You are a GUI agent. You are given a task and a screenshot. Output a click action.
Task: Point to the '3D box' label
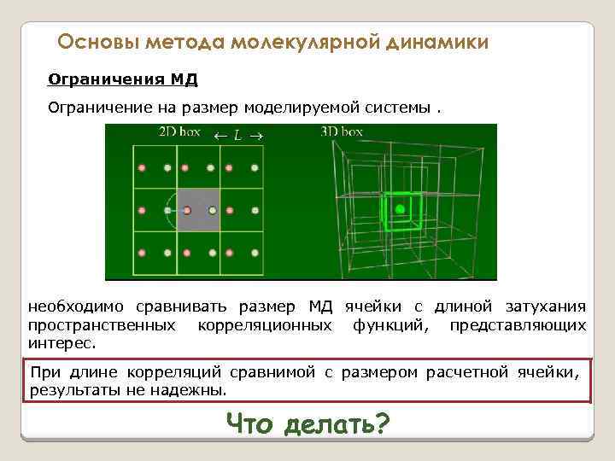pyautogui.click(x=342, y=131)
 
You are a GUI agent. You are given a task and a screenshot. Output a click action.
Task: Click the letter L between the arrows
pyautogui.click(x=237, y=134)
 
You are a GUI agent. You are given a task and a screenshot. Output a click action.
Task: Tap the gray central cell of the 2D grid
pyautogui.click(x=198, y=209)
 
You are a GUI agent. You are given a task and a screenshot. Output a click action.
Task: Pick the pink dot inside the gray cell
pyautogui.click(x=186, y=209)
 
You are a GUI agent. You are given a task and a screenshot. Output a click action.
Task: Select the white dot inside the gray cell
pyautogui.click(x=211, y=209)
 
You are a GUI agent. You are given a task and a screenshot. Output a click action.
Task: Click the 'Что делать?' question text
pyautogui.click(x=307, y=423)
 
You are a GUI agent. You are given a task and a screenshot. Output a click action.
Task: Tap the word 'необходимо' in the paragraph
pyautogui.click(x=74, y=306)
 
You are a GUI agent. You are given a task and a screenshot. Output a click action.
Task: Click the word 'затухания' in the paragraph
pyautogui.click(x=543, y=306)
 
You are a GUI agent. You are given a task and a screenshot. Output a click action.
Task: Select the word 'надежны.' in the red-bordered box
pyautogui.click(x=198, y=390)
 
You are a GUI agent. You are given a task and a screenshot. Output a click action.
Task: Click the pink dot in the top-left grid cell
pyautogui.click(x=142, y=167)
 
